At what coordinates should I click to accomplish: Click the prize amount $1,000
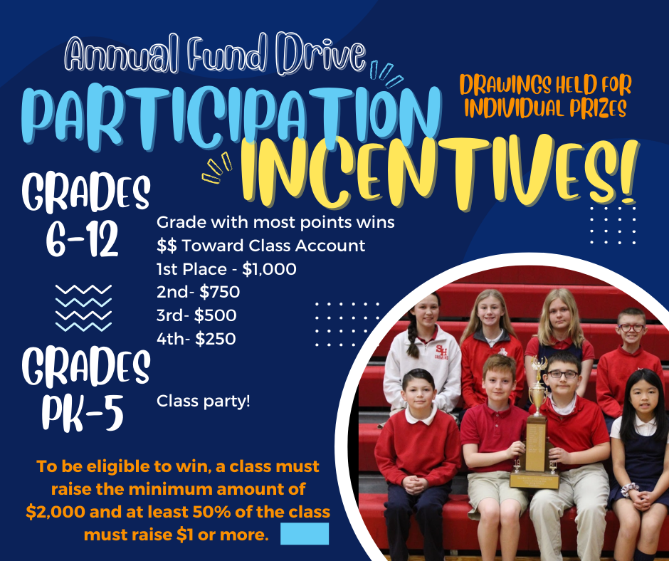point(269,269)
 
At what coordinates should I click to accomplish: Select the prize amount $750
point(219,292)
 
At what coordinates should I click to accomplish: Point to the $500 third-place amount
point(215,315)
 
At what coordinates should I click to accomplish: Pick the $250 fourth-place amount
point(216,339)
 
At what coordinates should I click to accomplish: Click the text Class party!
point(203,402)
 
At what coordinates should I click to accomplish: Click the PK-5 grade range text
point(83,413)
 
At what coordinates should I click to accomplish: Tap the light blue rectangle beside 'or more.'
point(305,534)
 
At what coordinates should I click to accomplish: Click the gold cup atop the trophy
point(537,395)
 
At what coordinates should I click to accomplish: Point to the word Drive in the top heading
point(321,54)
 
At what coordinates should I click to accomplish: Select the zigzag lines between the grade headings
point(84,308)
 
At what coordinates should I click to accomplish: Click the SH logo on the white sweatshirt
point(441,352)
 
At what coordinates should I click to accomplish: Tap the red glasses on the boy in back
point(631,328)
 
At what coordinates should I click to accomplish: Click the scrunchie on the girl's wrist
point(629,489)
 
